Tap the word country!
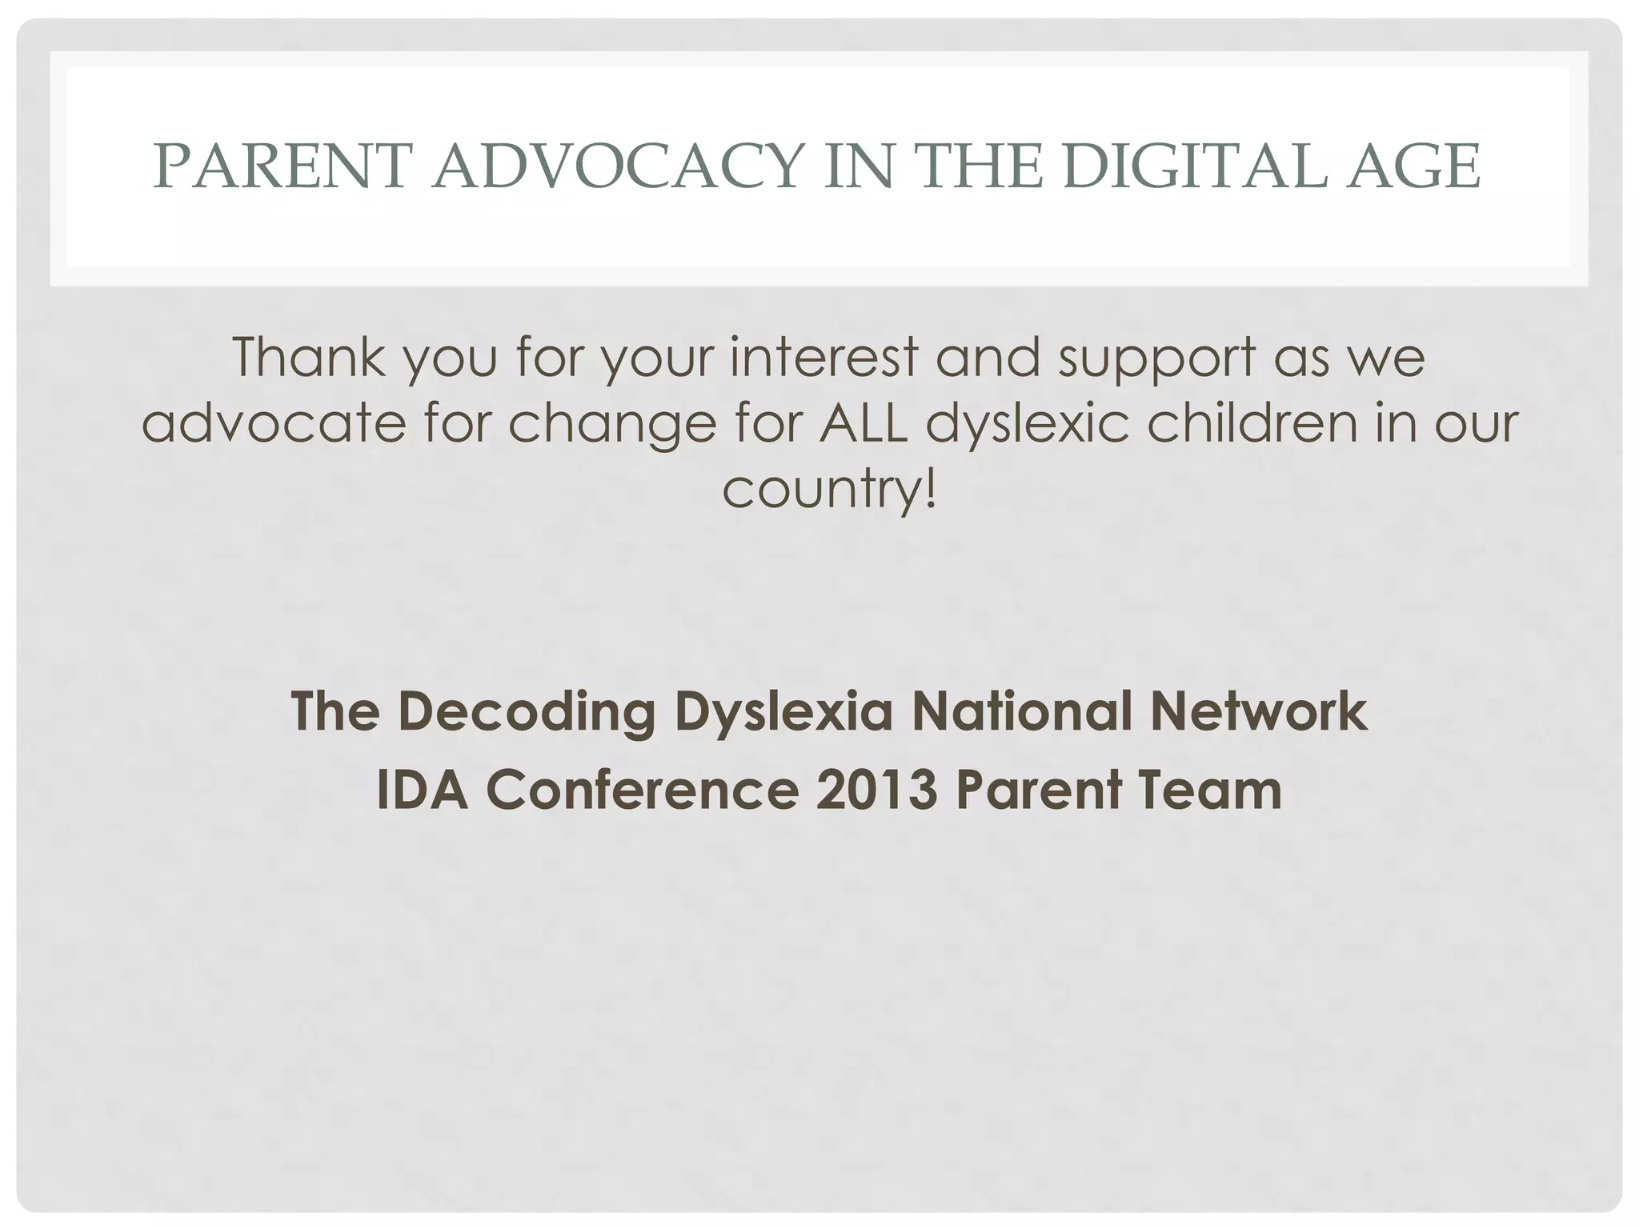pyautogui.click(x=829, y=490)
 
